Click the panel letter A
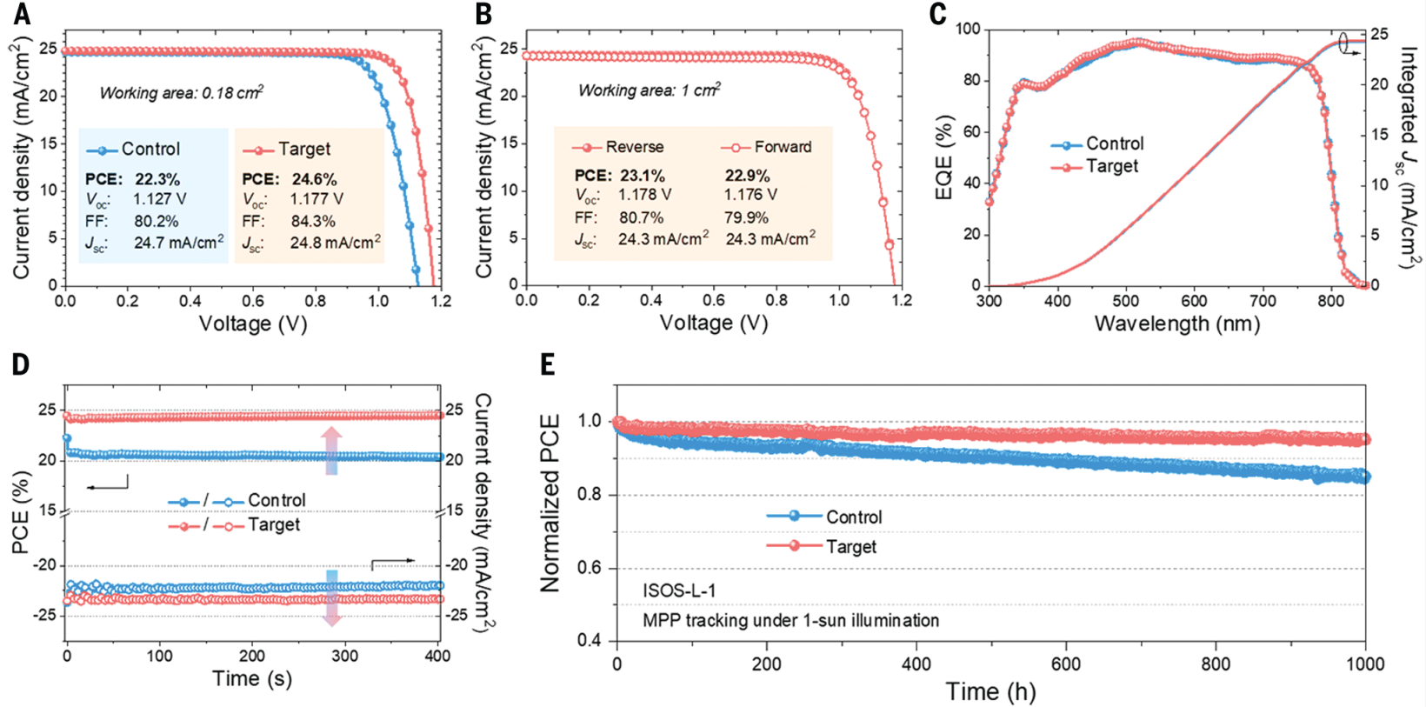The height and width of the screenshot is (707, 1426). click(x=21, y=14)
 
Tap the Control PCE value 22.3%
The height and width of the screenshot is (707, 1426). click(x=157, y=179)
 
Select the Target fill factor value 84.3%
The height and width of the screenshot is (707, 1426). click(x=313, y=221)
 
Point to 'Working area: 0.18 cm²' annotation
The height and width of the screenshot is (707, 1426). click(x=181, y=92)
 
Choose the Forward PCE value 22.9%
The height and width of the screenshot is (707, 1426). click(x=747, y=176)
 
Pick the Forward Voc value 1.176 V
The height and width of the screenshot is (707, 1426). click(x=750, y=195)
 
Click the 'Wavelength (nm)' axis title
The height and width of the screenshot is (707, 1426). click(x=1176, y=324)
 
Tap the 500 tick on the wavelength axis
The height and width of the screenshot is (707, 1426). click(x=1125, y=301)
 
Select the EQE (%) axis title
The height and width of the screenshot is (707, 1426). click(x=944, y=157)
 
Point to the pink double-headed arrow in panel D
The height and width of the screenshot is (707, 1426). click(x=331, y=450)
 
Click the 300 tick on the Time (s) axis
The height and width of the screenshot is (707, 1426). click(x=345, y=656)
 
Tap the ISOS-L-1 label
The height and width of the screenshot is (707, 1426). click(x=679, y=590)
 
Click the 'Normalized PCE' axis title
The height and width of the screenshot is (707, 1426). click(x=550, y=504)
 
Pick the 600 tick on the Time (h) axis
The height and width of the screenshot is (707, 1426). click(x=1066, y=664)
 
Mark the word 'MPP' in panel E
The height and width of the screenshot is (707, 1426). click(x=661, y=620)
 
